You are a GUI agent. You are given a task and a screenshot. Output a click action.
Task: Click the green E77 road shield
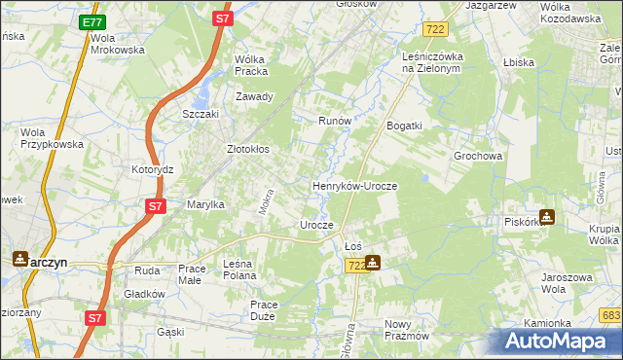(92, 22)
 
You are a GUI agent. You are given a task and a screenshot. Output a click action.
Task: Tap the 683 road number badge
(611, 314)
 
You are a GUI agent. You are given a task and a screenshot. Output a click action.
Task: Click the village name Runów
(335, 121)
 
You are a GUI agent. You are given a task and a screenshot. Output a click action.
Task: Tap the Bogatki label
(404, 126)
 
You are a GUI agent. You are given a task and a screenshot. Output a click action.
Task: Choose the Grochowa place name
(477, 156)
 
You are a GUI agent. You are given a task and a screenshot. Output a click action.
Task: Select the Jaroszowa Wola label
(568, 283)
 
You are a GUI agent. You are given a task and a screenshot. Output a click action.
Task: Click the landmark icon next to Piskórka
(547, 218)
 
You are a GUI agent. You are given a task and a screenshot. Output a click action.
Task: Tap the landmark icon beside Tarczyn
(20, 260)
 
